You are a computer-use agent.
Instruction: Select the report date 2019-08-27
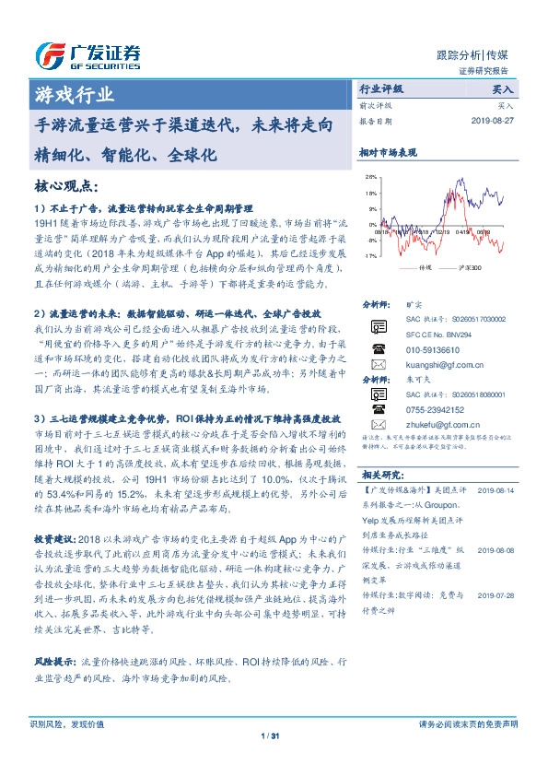pyautogui.click(x=496, y=121)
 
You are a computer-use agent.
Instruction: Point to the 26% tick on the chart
pyautogui.click(x=371, y=176)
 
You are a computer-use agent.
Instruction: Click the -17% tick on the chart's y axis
pyautogui.click(x=370, y=255)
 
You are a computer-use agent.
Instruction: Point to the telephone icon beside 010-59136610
pyautogui.click(x=378, y=349)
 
